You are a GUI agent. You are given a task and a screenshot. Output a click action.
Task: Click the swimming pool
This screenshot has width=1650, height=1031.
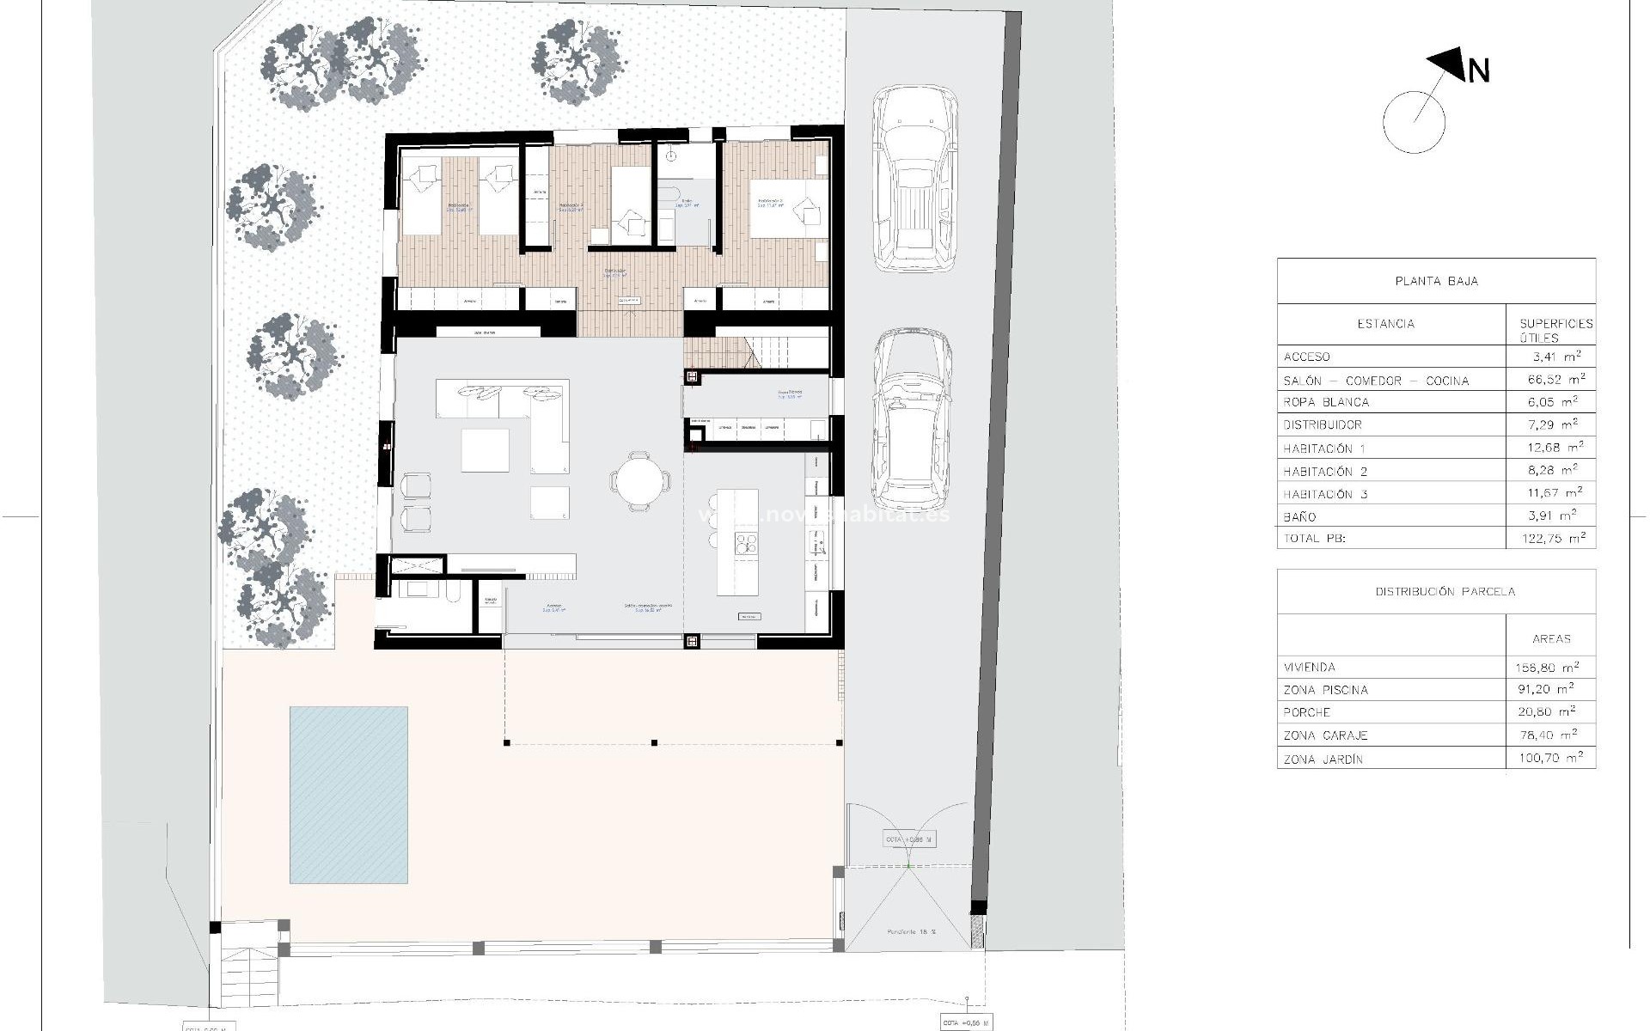click(x=348, y=795)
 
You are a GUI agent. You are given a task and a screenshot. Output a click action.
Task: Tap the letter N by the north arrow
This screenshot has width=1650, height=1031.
click(x=1478, y=71)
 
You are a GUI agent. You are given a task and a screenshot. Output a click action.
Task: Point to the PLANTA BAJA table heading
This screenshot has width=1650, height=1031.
click(x=1436, y=281)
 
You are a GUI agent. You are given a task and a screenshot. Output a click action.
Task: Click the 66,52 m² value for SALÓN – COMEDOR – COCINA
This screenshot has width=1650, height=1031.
click(x=1551, y=379)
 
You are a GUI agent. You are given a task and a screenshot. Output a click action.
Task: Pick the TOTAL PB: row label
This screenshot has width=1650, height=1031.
click(x=1315, y=539)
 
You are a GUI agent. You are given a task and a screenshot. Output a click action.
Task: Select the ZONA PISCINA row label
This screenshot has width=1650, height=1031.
click(x=1325, y=690)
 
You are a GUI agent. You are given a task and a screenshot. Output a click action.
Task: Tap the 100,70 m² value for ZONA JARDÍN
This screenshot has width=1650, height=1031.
click(x=1551, y=758)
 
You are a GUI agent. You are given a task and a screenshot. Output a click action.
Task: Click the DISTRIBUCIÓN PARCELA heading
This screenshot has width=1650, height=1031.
click(x=1436, y=591)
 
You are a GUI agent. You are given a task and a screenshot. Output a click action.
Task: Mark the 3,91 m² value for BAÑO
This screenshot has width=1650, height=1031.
click(x=1551, y=516)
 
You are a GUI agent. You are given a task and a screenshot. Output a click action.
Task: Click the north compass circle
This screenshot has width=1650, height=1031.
click(x=1415, y=121)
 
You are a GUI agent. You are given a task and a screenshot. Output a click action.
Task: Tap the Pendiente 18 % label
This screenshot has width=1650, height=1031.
click(x=910, y=932)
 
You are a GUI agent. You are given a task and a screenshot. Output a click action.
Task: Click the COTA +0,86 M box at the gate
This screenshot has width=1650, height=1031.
click(x=909, y=839)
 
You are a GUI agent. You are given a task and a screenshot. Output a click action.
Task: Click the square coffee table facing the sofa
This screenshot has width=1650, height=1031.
click(x=485, y=450)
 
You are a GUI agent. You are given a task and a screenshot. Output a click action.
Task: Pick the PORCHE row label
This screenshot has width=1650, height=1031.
click(x=1307, y=712)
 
